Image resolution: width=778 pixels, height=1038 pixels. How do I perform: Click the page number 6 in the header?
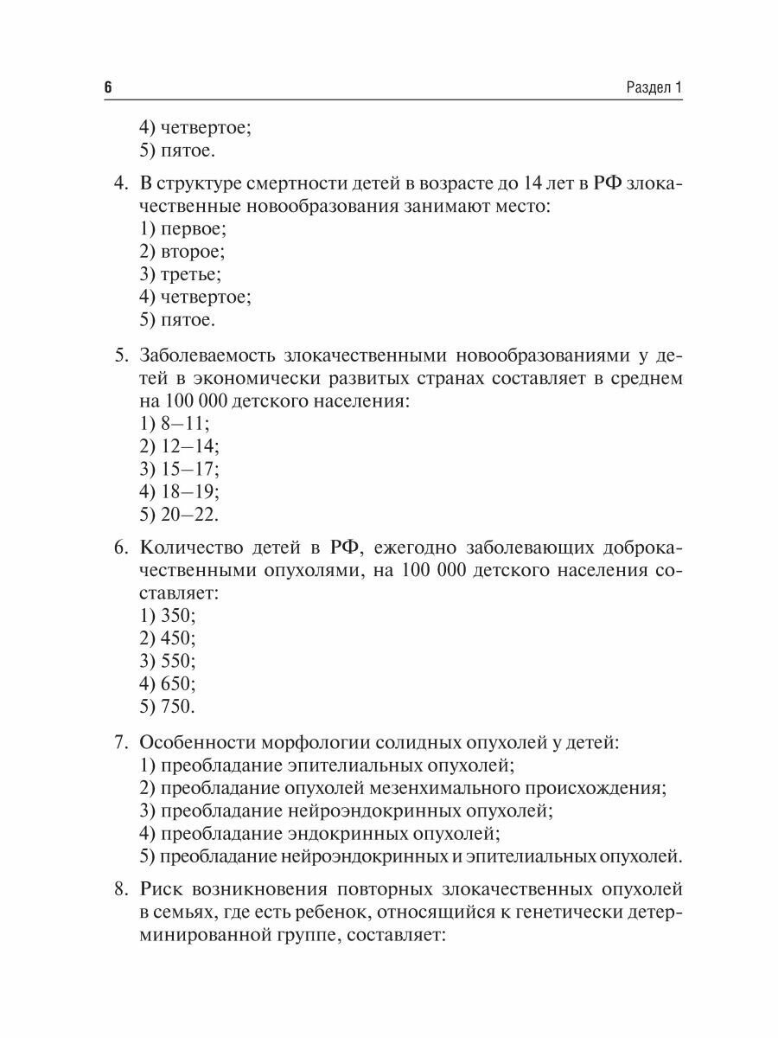[107, 88]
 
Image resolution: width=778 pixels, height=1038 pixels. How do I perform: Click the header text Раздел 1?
[654, 88]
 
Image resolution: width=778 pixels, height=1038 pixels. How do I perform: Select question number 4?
[122, 184]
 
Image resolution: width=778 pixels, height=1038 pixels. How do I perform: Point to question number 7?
[122, 742]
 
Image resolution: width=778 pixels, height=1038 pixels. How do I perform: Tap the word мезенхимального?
[451, 788]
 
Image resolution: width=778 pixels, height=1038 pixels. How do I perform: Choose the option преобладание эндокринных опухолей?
[320, 833]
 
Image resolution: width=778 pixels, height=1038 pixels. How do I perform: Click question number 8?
[122, 889]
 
